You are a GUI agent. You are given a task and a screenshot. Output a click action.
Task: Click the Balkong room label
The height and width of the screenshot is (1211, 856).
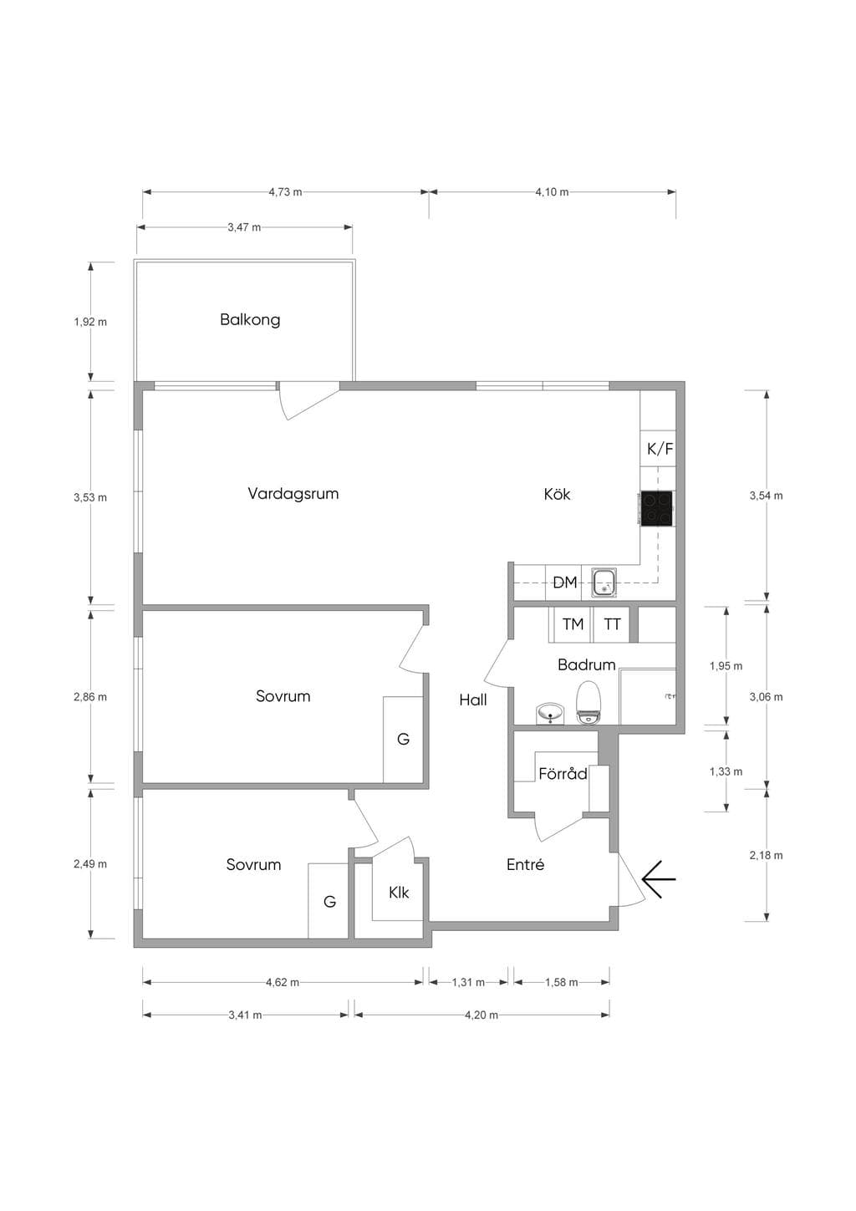(250, 319)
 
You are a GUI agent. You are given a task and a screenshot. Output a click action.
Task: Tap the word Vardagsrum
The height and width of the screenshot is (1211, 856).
(293, 494)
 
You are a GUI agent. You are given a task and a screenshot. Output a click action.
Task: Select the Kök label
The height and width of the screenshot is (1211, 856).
(557, 494)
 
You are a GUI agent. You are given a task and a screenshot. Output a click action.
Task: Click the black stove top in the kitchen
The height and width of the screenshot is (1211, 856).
(656, 508)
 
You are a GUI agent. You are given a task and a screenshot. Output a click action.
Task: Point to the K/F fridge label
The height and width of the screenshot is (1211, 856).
(660, 449)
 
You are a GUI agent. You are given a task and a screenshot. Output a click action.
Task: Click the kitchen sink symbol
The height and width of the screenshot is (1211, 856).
(605, 583)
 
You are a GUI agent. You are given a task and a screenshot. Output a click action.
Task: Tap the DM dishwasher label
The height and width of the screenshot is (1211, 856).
(564, 583)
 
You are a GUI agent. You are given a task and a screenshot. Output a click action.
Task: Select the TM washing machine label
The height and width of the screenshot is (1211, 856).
(573, 623)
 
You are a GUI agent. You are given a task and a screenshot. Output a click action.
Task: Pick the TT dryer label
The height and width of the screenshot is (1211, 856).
(612, 624)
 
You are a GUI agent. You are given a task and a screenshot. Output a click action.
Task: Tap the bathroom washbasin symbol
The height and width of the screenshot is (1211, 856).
(551, 714)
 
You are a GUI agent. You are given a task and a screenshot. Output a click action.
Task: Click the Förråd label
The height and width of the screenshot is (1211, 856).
(563, 774)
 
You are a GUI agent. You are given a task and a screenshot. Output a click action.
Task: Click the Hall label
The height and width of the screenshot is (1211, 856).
(473, 700)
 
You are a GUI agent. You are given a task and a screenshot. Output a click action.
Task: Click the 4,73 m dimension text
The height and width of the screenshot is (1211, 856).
(286, 192)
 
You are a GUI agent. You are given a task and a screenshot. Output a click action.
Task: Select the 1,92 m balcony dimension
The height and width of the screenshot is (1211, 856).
(90, 322)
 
